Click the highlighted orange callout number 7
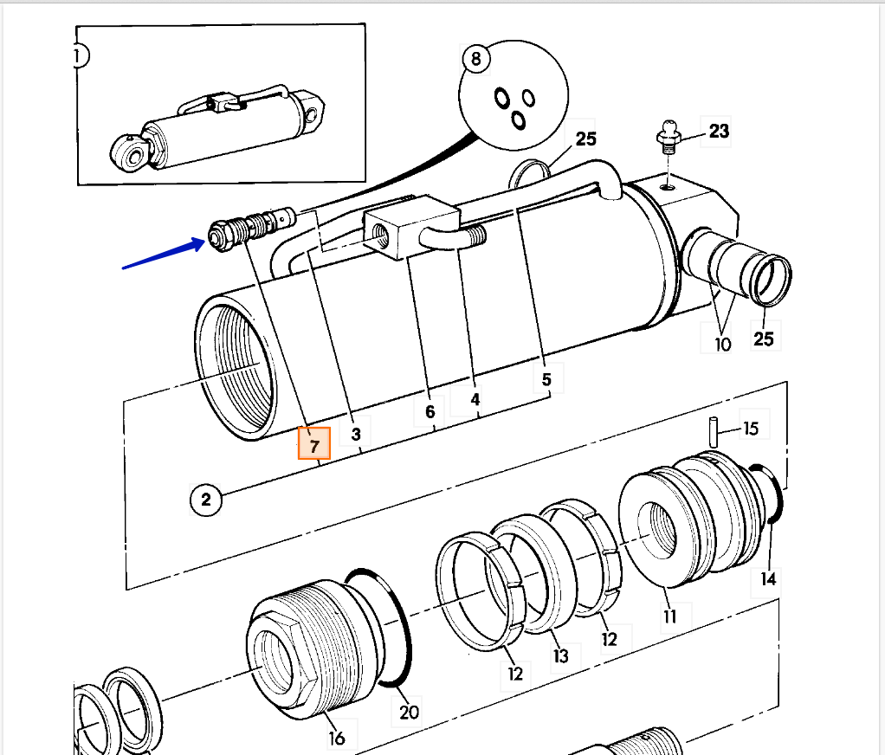pyautogui.click(x=314, y=445)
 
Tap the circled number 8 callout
pyautogui.click(x=475, y=59)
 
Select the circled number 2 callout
pyautogui.click(x=205, y=499)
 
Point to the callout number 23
pyautogui.click(x=719, y=132)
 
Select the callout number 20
pyautogui.click(x=409, y=711)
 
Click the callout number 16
pyautogui.click(x=336, y=738)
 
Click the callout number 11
pyautogui.click(x=669, y=616)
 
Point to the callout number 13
pyautogui.click(x=560, y=655)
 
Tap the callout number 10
pyautogui.click(x=722, y=344)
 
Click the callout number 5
pyautogui.click(x=546, y=379)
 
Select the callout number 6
pyautogui.click(x=430, y=412)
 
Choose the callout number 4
pyautogui.click(x=475, y=400)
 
